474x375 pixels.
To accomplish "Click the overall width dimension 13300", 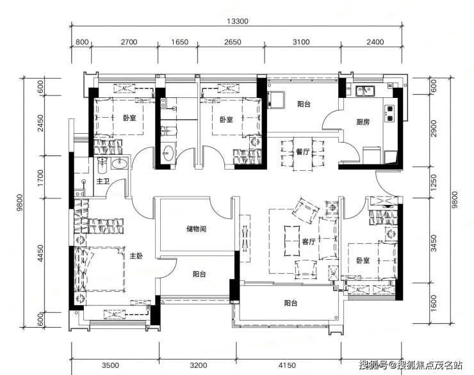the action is [x=237, y=21].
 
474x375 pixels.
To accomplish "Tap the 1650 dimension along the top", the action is [x=179, y=42].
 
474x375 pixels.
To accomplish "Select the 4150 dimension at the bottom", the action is [x=287, y=365].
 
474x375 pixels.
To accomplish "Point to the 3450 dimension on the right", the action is [x=434, y=243].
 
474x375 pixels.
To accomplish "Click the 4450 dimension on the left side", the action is [x=40, y=253].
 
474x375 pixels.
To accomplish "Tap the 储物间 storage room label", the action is [x=196, y=229].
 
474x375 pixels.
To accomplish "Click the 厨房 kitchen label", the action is [x=363, y=122].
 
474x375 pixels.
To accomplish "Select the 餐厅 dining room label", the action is [x=302, y=152].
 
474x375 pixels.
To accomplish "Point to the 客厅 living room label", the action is [x=309, y=241].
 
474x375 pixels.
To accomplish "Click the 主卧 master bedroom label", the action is [x=136, y=256].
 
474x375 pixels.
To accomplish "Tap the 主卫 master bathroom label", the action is [x=102, y=181].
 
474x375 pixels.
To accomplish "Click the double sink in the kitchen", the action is [x=365, y=90].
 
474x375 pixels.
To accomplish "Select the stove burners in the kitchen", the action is [x=389, y=113].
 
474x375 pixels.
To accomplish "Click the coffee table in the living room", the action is [x=291, y=241].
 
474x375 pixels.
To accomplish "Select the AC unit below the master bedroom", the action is [x=115, y=315].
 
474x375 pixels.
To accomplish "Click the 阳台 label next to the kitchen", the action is [x=304, y=104].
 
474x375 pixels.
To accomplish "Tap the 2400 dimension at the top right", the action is [x=375, y=42].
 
